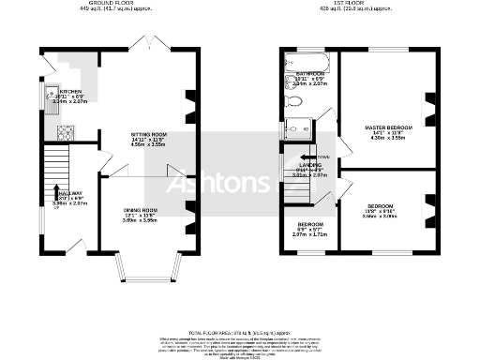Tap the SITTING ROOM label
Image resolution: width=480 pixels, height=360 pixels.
147,135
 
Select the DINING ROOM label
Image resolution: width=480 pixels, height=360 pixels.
142,210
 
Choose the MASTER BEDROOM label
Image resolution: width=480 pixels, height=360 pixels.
387,126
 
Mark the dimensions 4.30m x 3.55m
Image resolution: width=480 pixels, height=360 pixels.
387,138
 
